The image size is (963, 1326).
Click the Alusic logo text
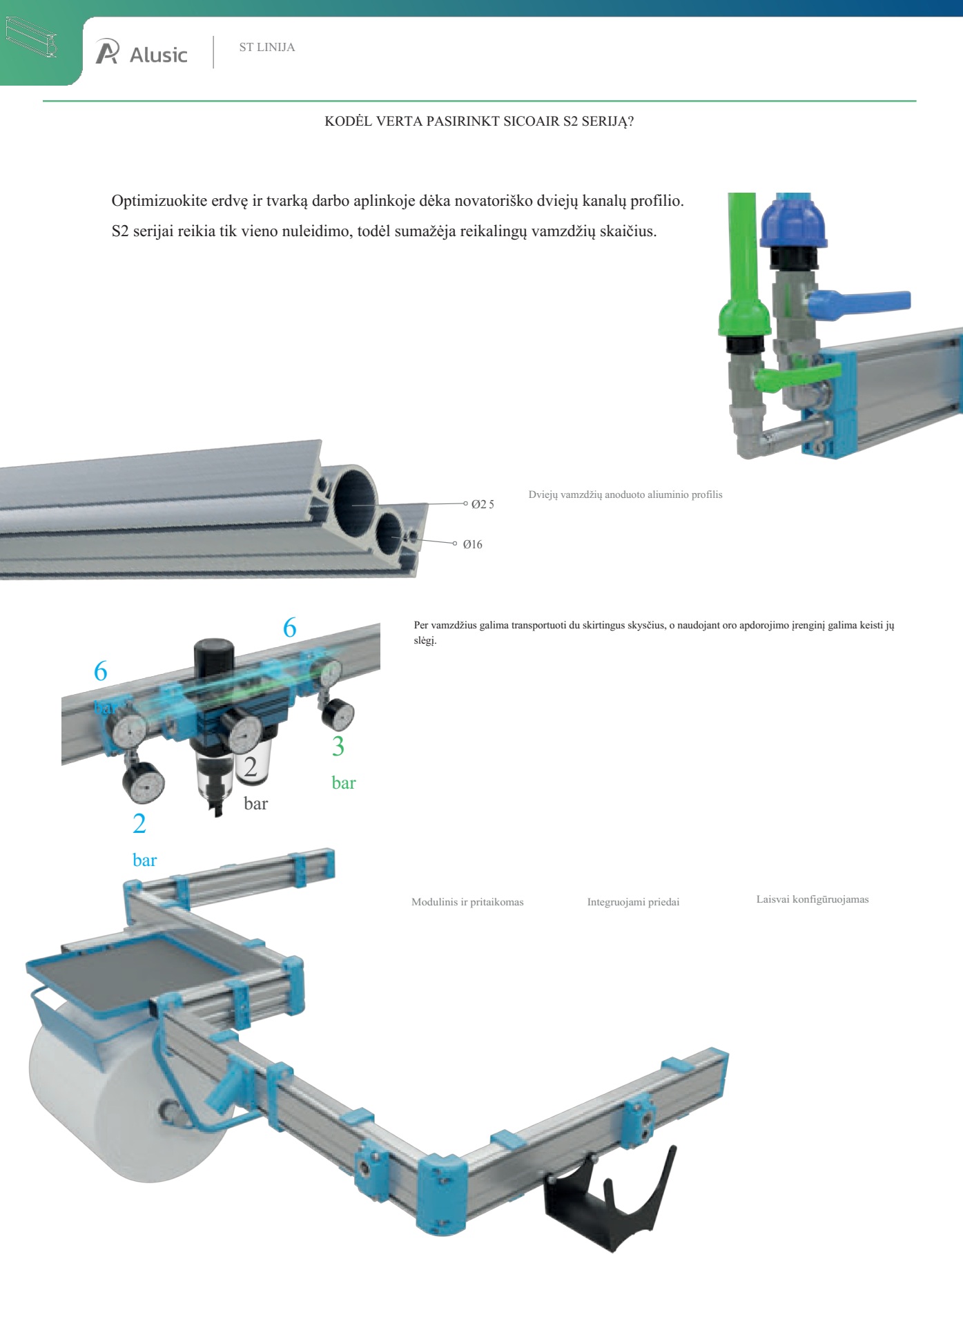[159, 55]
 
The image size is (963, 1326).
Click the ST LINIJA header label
[267, 47]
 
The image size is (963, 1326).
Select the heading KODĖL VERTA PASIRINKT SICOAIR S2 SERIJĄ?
[479, 122]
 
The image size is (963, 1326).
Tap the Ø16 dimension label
[473, 544]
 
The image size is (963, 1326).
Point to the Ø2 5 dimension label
[483, 504]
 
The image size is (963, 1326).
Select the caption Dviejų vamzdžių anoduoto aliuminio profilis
[625, 494]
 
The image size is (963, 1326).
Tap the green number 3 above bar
[338, 747]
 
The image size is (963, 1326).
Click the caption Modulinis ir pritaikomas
[467, 902]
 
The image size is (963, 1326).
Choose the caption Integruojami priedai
[633, 902]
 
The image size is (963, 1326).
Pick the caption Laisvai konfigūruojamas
[813, 899]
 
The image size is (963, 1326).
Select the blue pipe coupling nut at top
[793, 220]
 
